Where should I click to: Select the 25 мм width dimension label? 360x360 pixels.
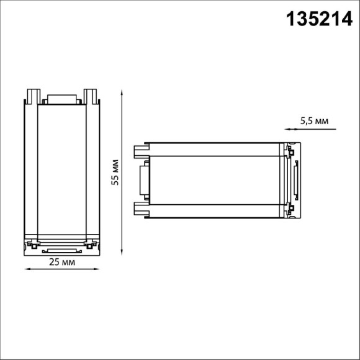[x=62, y=262]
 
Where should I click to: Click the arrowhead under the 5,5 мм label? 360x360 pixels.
[x=287, y=130]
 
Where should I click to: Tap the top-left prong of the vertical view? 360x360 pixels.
[x=30, y=96]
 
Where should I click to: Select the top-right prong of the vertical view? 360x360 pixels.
[x=93, y=96]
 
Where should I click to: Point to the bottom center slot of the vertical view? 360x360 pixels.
[x=61, y=251]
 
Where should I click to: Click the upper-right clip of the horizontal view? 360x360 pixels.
[x=290, y=150]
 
